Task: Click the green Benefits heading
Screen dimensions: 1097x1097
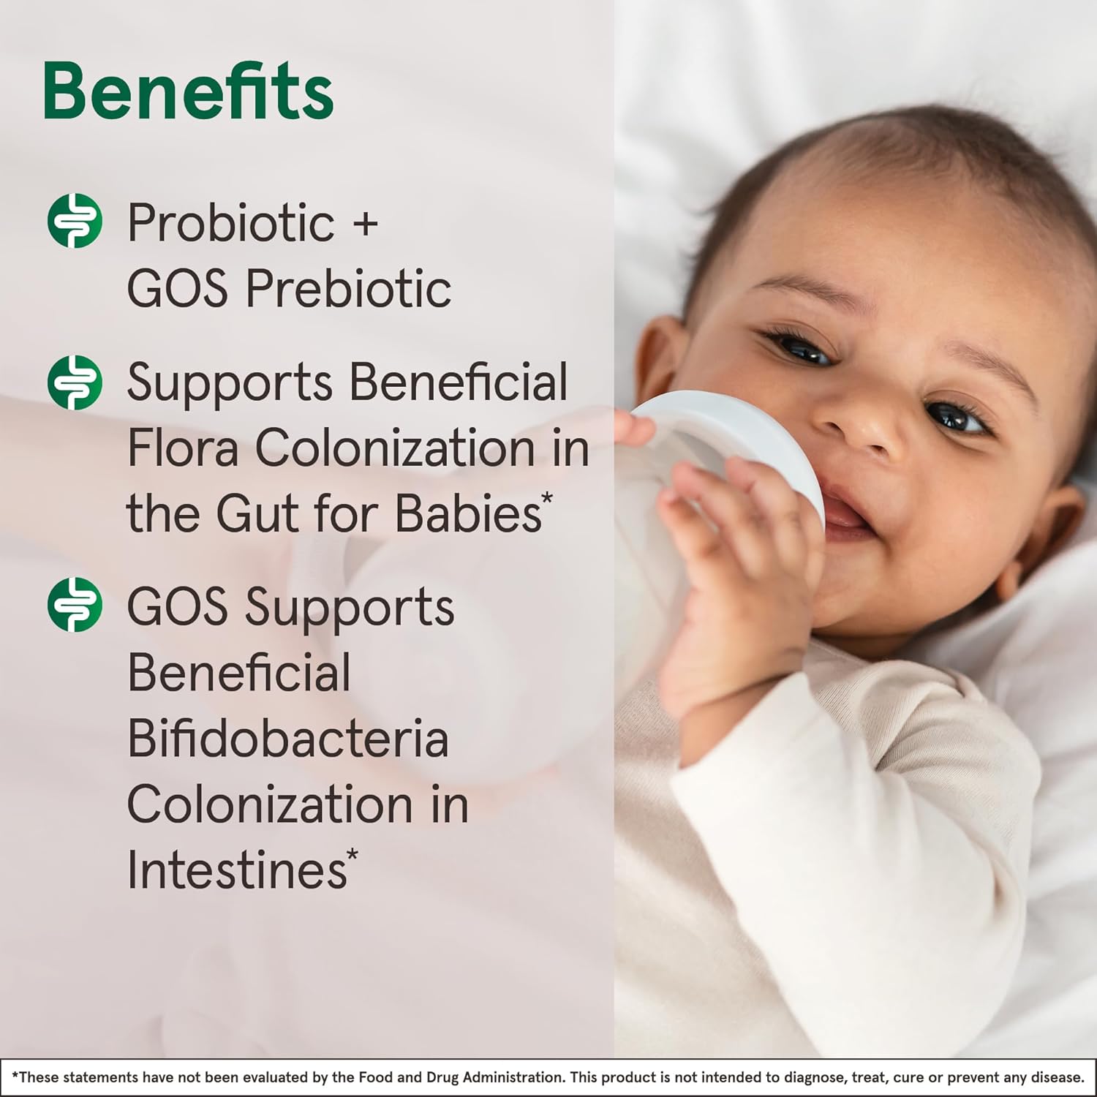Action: [x=188, y=91]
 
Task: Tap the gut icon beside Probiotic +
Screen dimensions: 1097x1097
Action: [x=75, y=221]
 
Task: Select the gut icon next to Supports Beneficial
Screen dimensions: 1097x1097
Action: [x=75, y=382]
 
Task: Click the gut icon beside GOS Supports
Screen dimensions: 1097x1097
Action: [x=75, y=605]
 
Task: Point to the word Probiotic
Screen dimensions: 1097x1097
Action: [x=231, y=222]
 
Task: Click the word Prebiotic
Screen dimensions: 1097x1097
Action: [x=348, y=288]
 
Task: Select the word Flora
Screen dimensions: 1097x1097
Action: [x=183, y=448]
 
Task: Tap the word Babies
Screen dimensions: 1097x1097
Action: [x=468, y=513]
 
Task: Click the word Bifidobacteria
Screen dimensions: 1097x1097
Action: [x=287, y=738]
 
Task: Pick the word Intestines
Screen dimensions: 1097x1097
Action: [x=237, y=870]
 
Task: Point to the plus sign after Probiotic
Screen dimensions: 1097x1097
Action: [x=366, y=223]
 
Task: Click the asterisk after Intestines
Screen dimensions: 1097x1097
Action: [x=353, y=855]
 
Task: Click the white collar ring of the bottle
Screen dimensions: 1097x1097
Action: [x=739, y=439]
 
